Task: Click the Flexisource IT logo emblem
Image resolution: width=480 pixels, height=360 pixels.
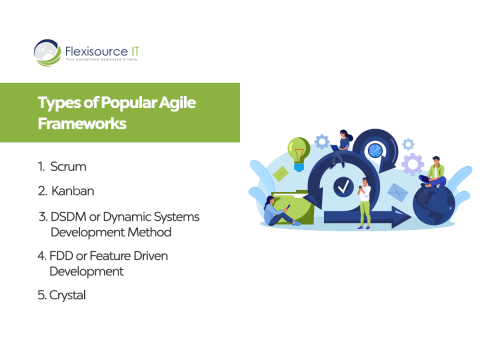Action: click(x=46, y=50)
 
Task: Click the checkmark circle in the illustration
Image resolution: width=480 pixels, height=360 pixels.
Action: click(x=344, y=186)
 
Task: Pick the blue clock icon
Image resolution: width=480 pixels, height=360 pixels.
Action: click(x=376, y=150)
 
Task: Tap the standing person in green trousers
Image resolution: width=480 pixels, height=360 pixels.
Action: click(x=365, y=200)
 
